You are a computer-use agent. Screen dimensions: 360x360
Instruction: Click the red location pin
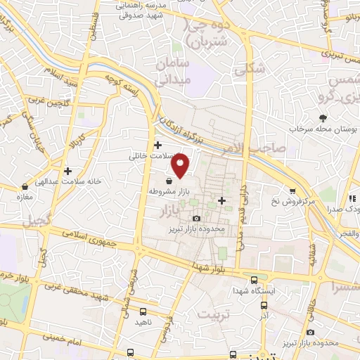(181, 164)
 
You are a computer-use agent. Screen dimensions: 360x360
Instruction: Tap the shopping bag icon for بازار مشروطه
(168, 180)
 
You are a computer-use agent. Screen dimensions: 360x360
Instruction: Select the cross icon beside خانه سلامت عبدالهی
(67, 170)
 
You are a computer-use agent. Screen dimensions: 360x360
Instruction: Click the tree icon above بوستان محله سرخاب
(323, 118)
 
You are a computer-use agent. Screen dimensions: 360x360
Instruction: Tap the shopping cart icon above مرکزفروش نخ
(292, 191)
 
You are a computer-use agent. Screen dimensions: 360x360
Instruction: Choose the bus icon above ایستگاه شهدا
(254, 279)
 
